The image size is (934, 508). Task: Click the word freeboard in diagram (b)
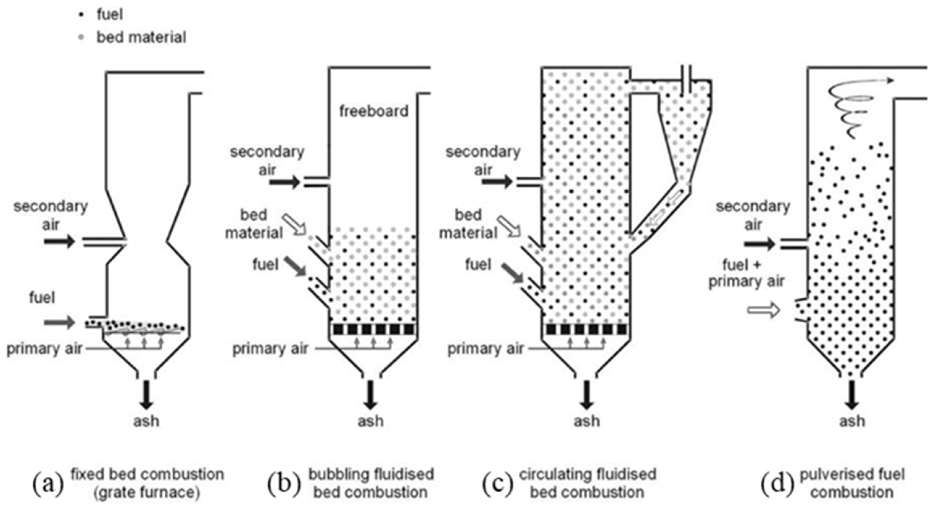pos(374,111)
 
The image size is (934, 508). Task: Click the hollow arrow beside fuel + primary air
pos(763,310)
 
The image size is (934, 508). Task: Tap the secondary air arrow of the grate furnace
pos(59,242)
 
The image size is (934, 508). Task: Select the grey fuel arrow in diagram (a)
pos(59,322)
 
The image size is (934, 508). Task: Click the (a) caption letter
pos(48,484)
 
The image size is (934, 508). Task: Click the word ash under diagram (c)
pos(586,421)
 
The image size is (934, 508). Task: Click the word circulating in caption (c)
pos(555,475)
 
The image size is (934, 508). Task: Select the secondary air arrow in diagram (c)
pos(497,182)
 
